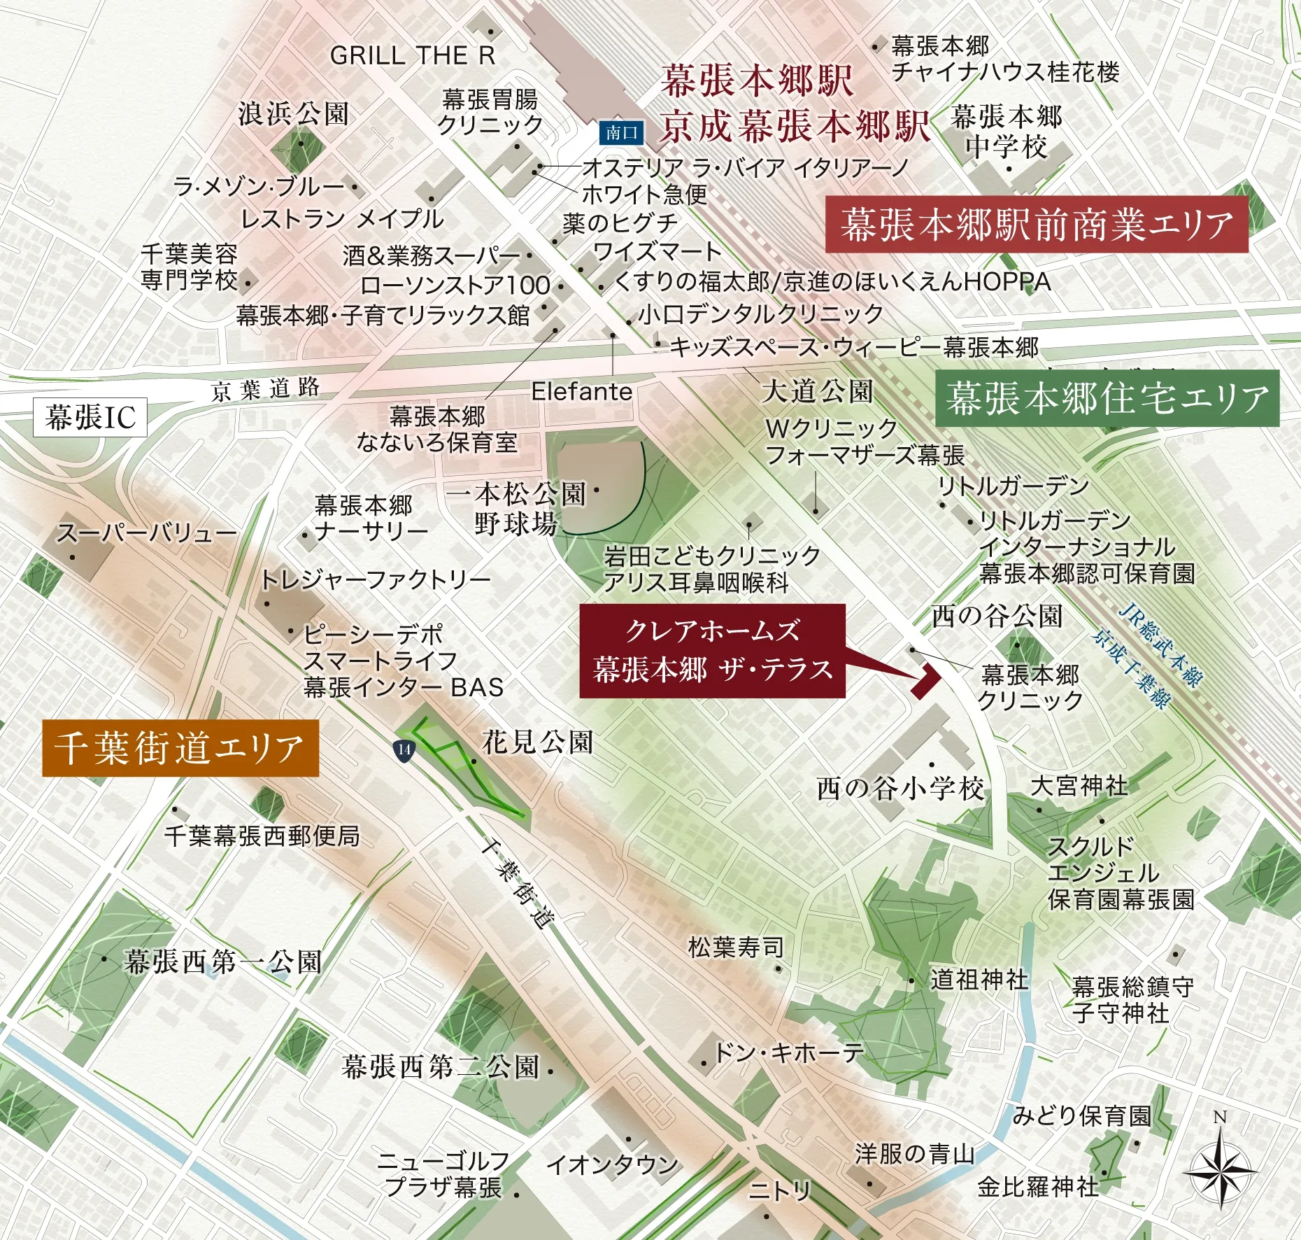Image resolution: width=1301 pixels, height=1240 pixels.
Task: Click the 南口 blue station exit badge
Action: coord(621,133)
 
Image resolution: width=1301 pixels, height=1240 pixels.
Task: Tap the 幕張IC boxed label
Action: coord(90,418)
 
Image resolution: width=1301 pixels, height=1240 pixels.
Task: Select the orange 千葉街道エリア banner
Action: coord(180,748)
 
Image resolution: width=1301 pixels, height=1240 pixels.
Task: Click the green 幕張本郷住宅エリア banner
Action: coord(1107,398)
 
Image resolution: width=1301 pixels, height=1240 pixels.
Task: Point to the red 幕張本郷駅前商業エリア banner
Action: coord(1037,225)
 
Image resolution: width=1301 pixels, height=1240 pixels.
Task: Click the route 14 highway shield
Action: coord(404,749)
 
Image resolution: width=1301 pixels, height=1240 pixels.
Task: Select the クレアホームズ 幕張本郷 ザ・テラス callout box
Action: coord(712,651)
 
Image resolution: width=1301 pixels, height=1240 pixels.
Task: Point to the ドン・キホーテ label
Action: coord(788,1052)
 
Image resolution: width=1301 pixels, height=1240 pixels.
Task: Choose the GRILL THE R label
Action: coord(413,55)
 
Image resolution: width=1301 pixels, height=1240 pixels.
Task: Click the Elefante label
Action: coord(581,392)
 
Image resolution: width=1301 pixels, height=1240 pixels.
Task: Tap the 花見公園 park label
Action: coord(537,742)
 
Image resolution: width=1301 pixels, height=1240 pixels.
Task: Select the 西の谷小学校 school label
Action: coord(900,789)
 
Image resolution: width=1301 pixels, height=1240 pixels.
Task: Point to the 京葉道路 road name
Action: coord(266,389)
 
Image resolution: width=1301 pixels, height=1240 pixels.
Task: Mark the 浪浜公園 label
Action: coord(293,113)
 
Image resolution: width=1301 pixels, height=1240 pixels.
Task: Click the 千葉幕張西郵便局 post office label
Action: coord(262,836)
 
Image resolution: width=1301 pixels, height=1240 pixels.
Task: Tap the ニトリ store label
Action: coord(780,1190)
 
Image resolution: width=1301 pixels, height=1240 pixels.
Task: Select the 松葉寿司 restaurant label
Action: coord(736,948)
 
